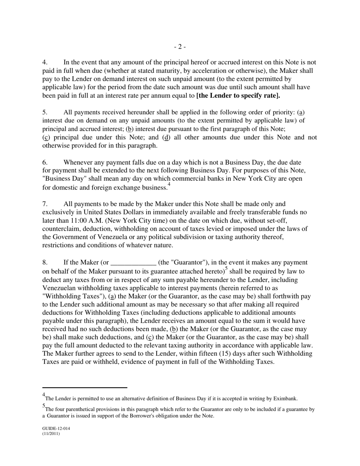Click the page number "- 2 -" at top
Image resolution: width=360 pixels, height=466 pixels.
click(x=180, y=47)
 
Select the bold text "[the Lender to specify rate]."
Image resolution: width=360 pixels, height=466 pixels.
click(x=238, y=95)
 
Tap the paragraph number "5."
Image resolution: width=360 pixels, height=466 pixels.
click(x=45, y=113)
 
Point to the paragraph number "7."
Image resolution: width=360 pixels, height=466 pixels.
click(x=45, y=204)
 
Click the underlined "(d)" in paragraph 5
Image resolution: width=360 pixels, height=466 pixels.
click(x=166, y=138)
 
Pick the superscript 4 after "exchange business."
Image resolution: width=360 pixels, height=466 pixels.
click(x=169, y=185)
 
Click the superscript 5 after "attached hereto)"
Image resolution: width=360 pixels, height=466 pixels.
click(x=227, y=269)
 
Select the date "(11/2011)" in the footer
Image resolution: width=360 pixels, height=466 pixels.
click(x=51, y=434)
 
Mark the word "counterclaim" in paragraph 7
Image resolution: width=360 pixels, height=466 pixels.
click(x=61, y=229)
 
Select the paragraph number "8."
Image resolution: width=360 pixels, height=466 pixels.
click(x=45, y=263)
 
